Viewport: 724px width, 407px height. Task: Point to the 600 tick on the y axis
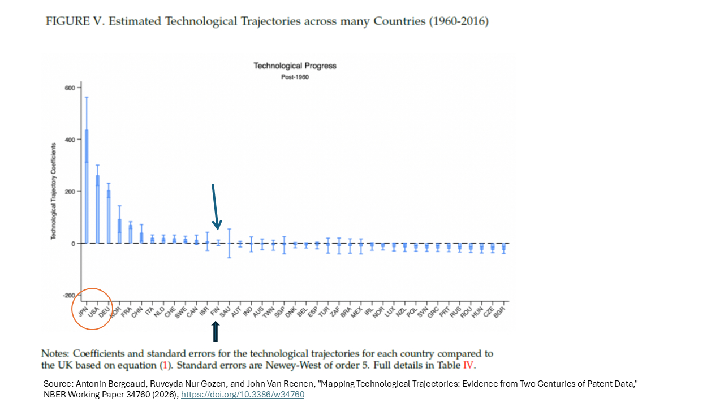70,88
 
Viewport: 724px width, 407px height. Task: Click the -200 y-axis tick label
68,296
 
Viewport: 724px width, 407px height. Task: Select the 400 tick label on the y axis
70,140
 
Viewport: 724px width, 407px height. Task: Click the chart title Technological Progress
295,66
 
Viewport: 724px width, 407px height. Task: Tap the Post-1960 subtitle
295,77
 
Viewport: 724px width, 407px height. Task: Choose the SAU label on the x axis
224,311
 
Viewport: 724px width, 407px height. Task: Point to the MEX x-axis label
356,311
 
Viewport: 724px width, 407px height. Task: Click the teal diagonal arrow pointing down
215,206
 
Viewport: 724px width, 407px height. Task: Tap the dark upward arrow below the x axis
215,332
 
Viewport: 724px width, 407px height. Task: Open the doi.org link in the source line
242,395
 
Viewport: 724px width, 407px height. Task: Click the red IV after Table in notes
469,365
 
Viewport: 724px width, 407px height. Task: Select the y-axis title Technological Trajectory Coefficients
53,191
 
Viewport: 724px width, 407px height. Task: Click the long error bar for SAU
229,243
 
